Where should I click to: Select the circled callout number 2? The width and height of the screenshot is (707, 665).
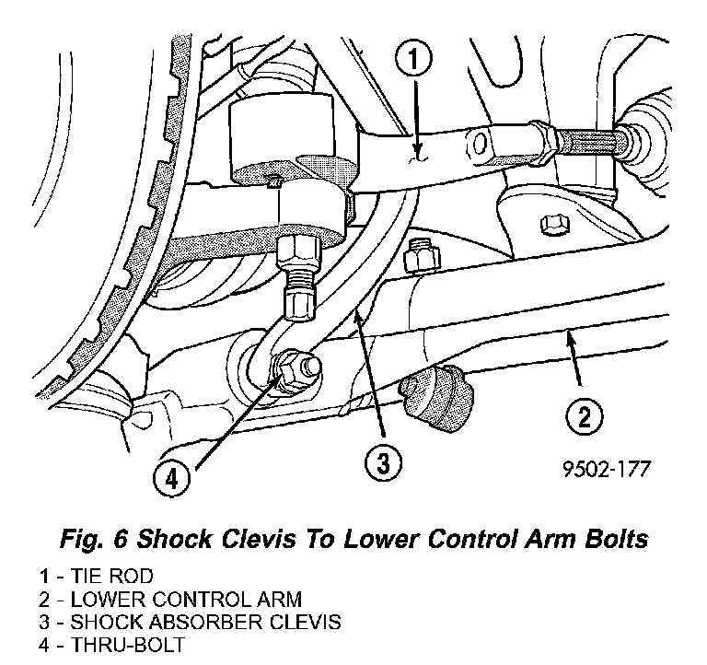585,417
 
